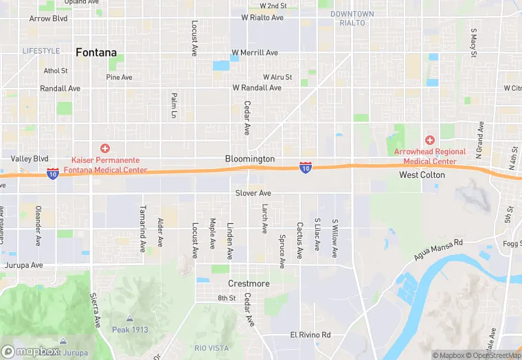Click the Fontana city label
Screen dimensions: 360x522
pos(95,52)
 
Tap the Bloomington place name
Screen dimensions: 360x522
pos(250,159)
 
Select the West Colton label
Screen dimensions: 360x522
pos(422,175)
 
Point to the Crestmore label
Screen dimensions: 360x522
pos(249,284)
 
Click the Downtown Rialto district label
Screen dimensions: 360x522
pos(352,19)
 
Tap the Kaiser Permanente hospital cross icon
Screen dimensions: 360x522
pos(105,148)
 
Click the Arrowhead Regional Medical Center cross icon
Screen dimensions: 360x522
pos(431,140)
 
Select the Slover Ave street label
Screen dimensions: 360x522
pos(253,193)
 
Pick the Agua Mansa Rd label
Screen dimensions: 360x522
pos(440,249)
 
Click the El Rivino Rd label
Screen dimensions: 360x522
pos(310,335)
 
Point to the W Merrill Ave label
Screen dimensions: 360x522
pos(255,53)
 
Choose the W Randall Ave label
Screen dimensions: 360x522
pos(257,88)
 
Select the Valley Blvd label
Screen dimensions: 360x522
pos(30,159)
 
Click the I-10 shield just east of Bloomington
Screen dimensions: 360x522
pos(306,167)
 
